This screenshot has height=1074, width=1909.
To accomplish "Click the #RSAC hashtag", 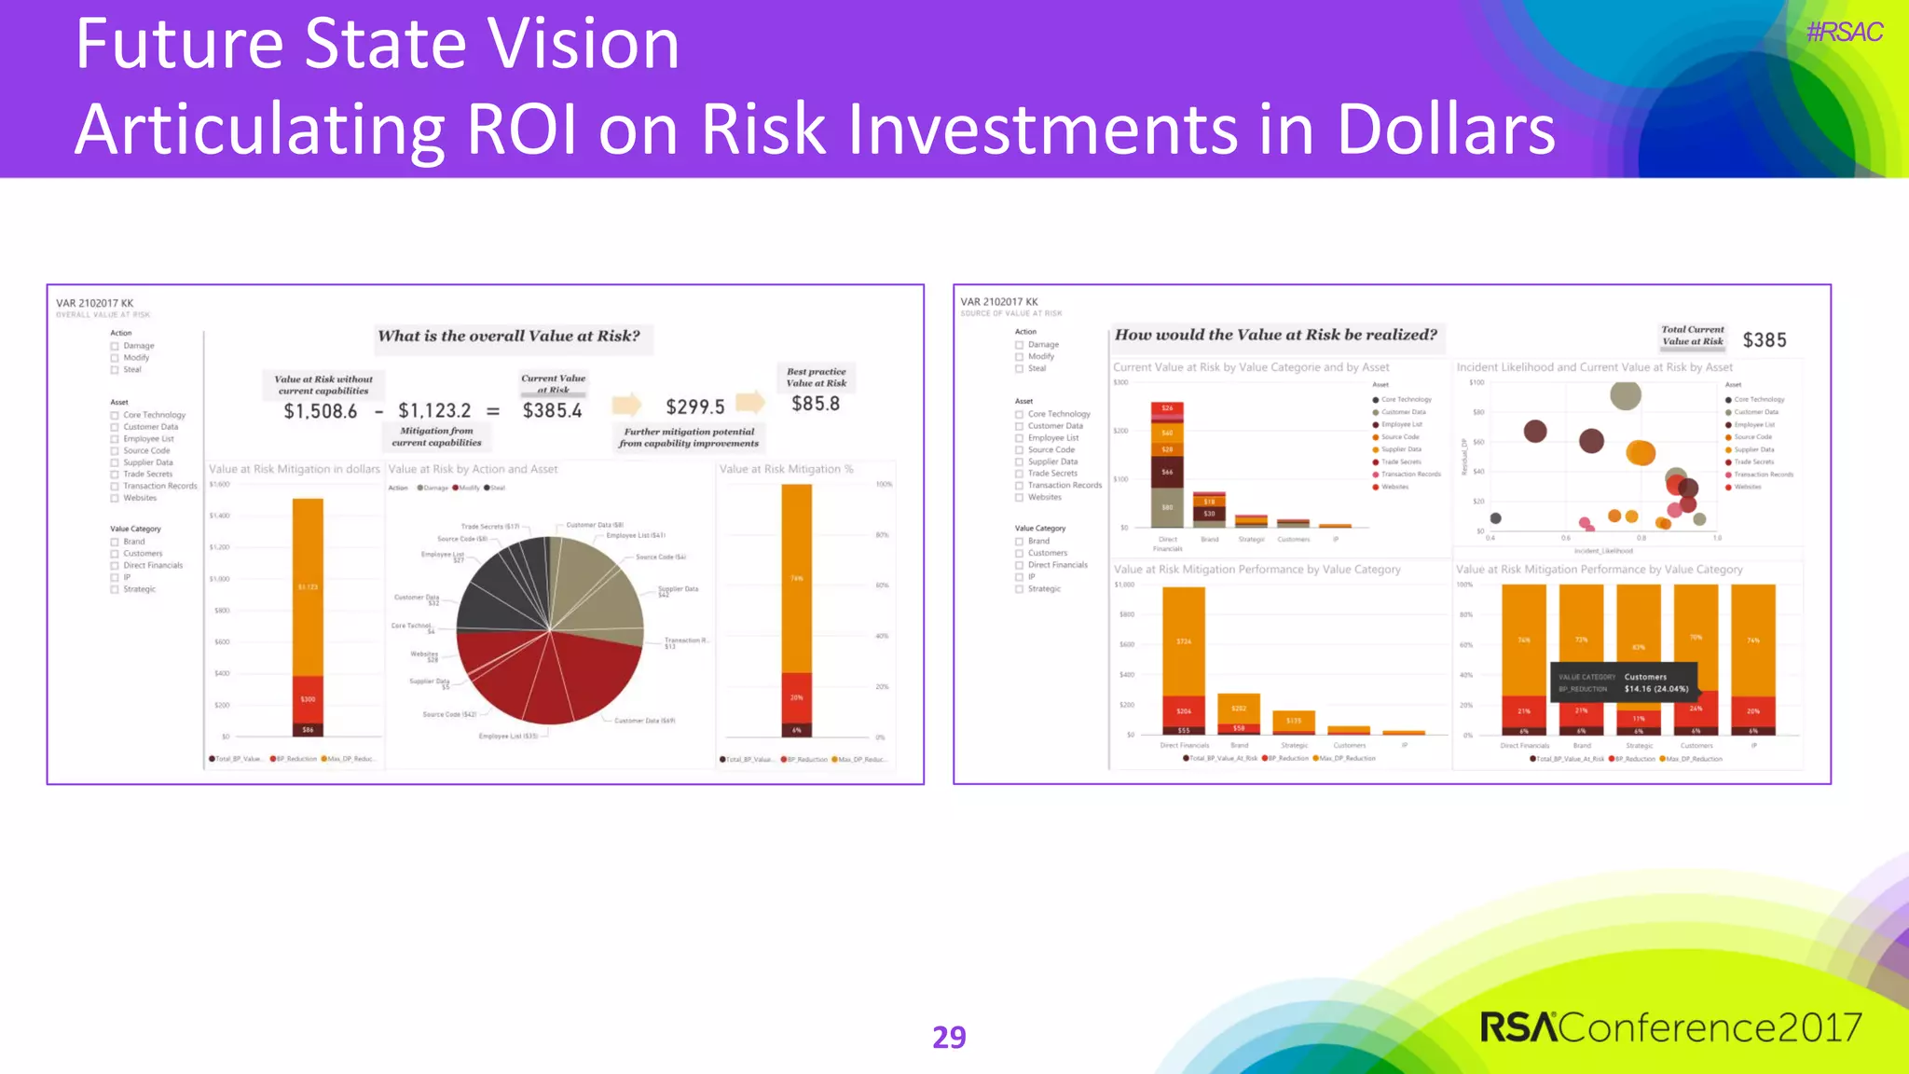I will [1844, 33].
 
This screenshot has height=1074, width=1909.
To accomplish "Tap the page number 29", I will [949, 1037].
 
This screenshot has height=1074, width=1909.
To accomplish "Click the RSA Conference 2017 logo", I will [1670, 1027].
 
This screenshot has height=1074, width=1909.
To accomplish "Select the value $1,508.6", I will [320, 411].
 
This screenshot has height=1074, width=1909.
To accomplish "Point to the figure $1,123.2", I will [434, 411].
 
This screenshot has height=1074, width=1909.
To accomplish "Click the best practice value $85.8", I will [816, 405].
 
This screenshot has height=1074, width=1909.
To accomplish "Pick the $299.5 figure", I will [694, 407].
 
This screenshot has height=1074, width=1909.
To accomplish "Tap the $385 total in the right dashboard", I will [1765, 340].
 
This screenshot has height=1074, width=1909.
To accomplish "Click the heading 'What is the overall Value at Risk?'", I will [509, 337].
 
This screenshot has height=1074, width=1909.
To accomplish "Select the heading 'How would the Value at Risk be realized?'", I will [1275, 336].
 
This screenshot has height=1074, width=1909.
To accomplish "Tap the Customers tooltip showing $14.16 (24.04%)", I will [1623, 683].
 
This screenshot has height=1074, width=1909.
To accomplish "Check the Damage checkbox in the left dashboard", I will [115, 346].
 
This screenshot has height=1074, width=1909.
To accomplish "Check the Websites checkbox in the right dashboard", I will [1020, 498].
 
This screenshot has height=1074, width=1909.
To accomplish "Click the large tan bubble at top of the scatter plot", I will [1626, 394].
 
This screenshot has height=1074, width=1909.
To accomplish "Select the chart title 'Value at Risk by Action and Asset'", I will [473, 470].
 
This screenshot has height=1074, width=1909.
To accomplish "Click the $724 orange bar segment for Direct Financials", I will [1183, 641].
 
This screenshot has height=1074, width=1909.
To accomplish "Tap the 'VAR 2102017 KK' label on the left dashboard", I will [94, 303].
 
